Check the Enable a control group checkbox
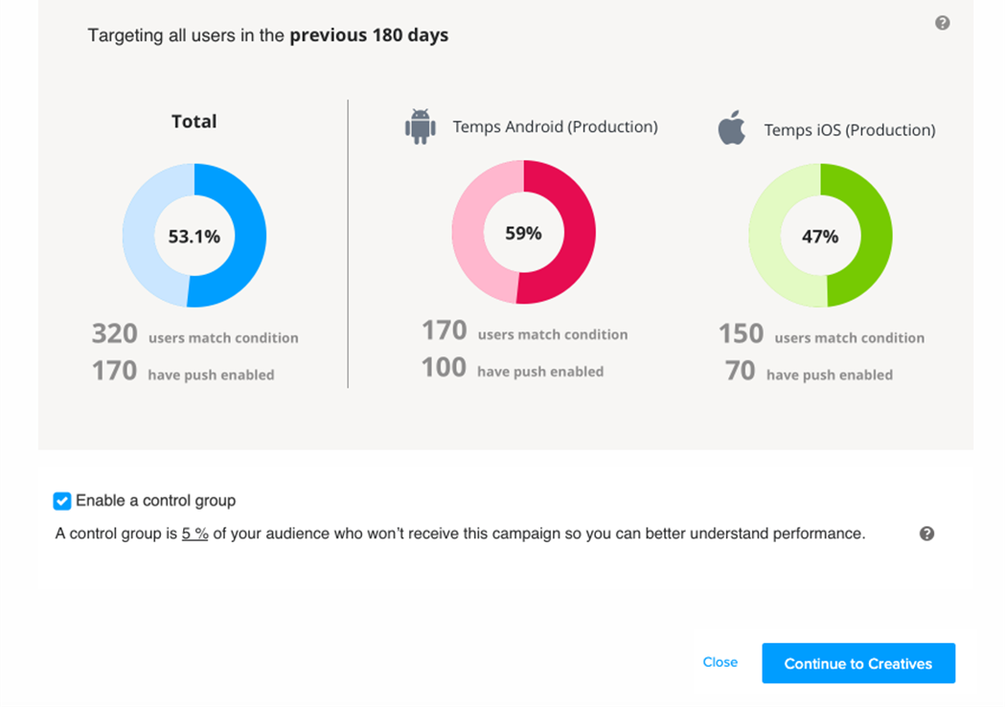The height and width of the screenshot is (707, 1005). (62, 501)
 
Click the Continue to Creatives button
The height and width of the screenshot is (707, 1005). (858, 663)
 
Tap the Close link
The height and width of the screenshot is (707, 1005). (719, 662)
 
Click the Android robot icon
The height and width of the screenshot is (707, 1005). (420, 126)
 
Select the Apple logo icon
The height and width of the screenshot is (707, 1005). (732, 127)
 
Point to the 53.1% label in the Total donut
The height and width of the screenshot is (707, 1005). (194, 237)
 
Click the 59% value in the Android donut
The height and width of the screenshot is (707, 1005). (523, 233)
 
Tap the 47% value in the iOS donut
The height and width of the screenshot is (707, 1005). (820, 237)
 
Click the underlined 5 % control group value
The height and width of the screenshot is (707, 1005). (194, 534)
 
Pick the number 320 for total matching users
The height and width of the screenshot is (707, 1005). (115, 333)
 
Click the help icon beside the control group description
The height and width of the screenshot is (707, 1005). (926, 534)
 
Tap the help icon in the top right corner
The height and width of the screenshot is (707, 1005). (942, 23)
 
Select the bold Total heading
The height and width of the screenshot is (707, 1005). (194, 122)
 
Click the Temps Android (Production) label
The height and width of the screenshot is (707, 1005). (555, 126)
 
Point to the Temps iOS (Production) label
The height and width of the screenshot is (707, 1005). (850, 129)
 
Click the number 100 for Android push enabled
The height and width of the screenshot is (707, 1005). (444, 368)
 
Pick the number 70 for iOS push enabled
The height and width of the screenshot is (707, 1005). (740, 371)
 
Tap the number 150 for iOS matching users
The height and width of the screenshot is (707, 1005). (741, 333)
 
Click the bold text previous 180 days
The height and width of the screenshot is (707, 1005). (369, 35)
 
